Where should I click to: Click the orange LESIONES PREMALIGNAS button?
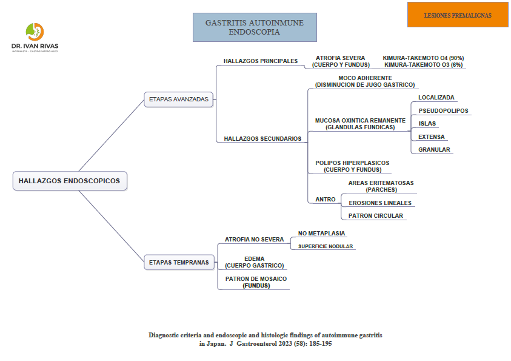(x=457, y=15)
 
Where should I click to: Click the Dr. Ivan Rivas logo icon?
(x=35, y=32)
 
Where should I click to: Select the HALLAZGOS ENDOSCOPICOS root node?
(x=69, y=181)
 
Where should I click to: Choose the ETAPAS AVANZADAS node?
(x=178, y=99)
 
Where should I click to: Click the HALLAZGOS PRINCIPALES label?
(x=261, y=61)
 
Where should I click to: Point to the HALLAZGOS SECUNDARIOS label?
(x=262, y=139)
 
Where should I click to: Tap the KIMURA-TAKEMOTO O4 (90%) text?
(x=423, y=58)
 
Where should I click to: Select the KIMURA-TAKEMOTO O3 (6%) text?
(x=424, y=64)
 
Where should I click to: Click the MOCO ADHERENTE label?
(x=365, y=78)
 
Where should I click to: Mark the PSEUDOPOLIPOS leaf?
(x=443, y=111)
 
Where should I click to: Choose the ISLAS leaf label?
(x=427, y=124)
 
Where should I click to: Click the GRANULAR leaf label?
(x=434, y=150)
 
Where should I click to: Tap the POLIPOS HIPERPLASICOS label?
(x=352, y=163)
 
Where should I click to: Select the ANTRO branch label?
(x=326, y=200)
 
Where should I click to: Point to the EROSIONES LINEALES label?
(x=380, y=203)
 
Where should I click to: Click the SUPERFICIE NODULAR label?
(x=326, y=246)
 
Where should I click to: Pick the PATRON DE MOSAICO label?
(x=256, y=279)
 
